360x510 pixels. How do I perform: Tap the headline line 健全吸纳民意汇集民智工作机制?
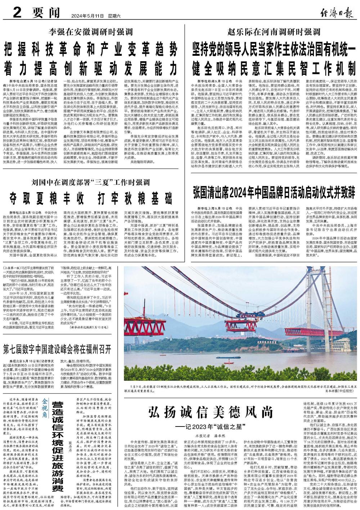click(x=273, y=67)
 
